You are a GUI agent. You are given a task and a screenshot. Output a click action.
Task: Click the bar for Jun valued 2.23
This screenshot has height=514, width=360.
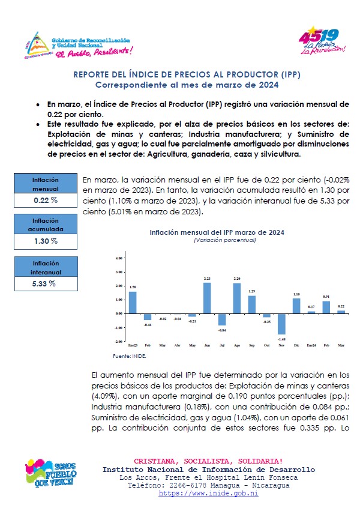coord(206,298)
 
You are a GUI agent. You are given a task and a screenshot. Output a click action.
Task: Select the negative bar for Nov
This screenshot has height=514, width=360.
coord(281,324)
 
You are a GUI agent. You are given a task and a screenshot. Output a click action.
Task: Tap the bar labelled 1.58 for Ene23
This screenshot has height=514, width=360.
coord(133,303)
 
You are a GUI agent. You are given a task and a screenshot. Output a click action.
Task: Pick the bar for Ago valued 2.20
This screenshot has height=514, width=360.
coord(236,298)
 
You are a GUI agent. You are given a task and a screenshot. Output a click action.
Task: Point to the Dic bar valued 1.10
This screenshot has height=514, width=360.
coord(296,306)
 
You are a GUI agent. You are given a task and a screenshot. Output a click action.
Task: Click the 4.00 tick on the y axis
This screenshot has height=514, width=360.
coord(118,258)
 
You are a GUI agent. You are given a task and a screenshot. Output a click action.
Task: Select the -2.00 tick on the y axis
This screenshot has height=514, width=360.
coord(118,342)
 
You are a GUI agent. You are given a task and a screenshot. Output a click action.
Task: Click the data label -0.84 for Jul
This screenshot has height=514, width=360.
coord(221,330)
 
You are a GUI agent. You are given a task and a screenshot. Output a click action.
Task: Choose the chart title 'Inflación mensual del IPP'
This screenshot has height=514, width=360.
coord(217,232)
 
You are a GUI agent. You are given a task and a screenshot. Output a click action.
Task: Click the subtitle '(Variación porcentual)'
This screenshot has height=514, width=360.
coord(217,240)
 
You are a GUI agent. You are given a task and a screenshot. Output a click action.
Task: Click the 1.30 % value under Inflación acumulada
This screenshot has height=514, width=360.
coord(45,241)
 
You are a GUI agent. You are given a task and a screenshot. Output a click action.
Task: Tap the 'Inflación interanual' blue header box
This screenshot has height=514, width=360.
coord(45,267)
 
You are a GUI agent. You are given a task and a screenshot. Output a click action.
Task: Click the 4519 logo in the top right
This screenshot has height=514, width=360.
coord(323,41)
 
